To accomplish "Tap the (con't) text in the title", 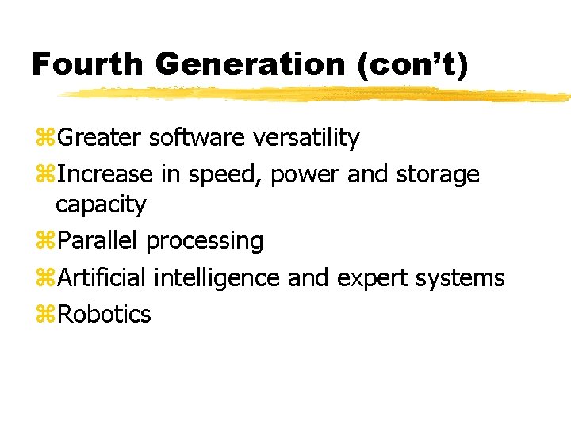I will click(412, 63).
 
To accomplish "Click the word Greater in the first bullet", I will click(100, 138).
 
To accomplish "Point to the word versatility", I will click(306, 138).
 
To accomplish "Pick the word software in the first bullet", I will click(197, 138).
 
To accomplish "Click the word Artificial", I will click(103, 277).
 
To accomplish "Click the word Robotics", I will click(104, 314).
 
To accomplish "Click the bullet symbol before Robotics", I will click(44, 315).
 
